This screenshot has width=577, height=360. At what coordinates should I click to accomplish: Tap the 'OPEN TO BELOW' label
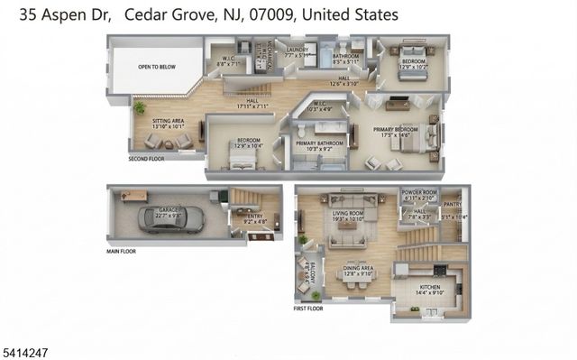(157, 67)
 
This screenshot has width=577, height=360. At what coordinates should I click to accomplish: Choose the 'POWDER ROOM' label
(418, 193)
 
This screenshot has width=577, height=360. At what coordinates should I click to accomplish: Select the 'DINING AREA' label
(359, 268)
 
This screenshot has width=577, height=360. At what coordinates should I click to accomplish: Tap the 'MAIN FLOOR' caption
(122, 251)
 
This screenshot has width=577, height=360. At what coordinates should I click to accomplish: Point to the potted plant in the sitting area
(139, 107)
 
